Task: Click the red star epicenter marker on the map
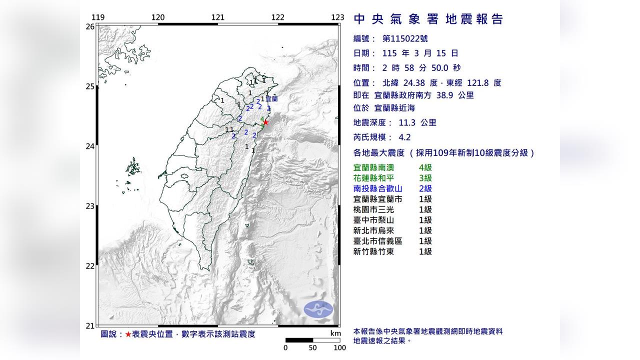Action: point(265,122)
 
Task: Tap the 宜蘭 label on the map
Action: point(271,99)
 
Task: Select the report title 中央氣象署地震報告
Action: point(428,19)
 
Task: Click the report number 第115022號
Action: point(404,38)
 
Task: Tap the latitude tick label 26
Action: point(90,26)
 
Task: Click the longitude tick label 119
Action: point(98,17)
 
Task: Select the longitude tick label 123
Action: point(338,17)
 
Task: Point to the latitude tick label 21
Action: point(90,326)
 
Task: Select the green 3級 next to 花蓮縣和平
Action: point(425,178)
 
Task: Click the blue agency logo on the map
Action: point(318,309)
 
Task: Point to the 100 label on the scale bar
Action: point(340,348)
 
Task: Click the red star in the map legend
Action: point(128,334)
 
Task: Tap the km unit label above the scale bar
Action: point(335,333)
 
